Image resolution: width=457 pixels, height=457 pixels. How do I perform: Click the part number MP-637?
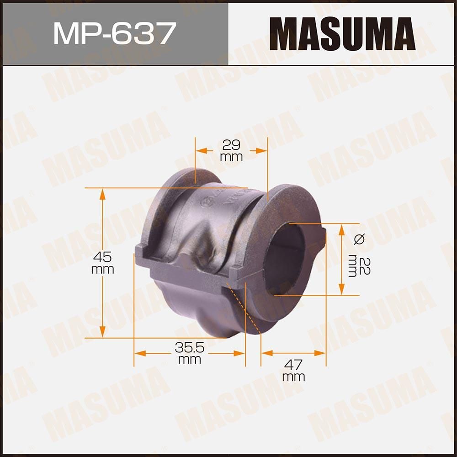pyautogui.click(x=114, y=33)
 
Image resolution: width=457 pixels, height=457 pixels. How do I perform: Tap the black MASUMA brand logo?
pyautogui.click(x=342, y=33)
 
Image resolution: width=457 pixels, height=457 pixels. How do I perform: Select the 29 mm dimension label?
pyautogui.click(x=232, y=150)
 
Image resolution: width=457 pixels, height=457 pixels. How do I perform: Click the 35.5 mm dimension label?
pyautogui.click(x=189, y=353)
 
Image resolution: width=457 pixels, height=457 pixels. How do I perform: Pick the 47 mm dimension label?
pyautogui.click(x=293, y=370)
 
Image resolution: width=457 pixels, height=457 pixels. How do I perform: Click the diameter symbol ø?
pyautogui.click(x=359, y=239)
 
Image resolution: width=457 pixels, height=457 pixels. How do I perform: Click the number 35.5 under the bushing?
pyautogui.click(x=189, y=348)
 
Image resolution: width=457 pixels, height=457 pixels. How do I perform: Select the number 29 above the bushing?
pyautogui.click(x=232, y=145)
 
